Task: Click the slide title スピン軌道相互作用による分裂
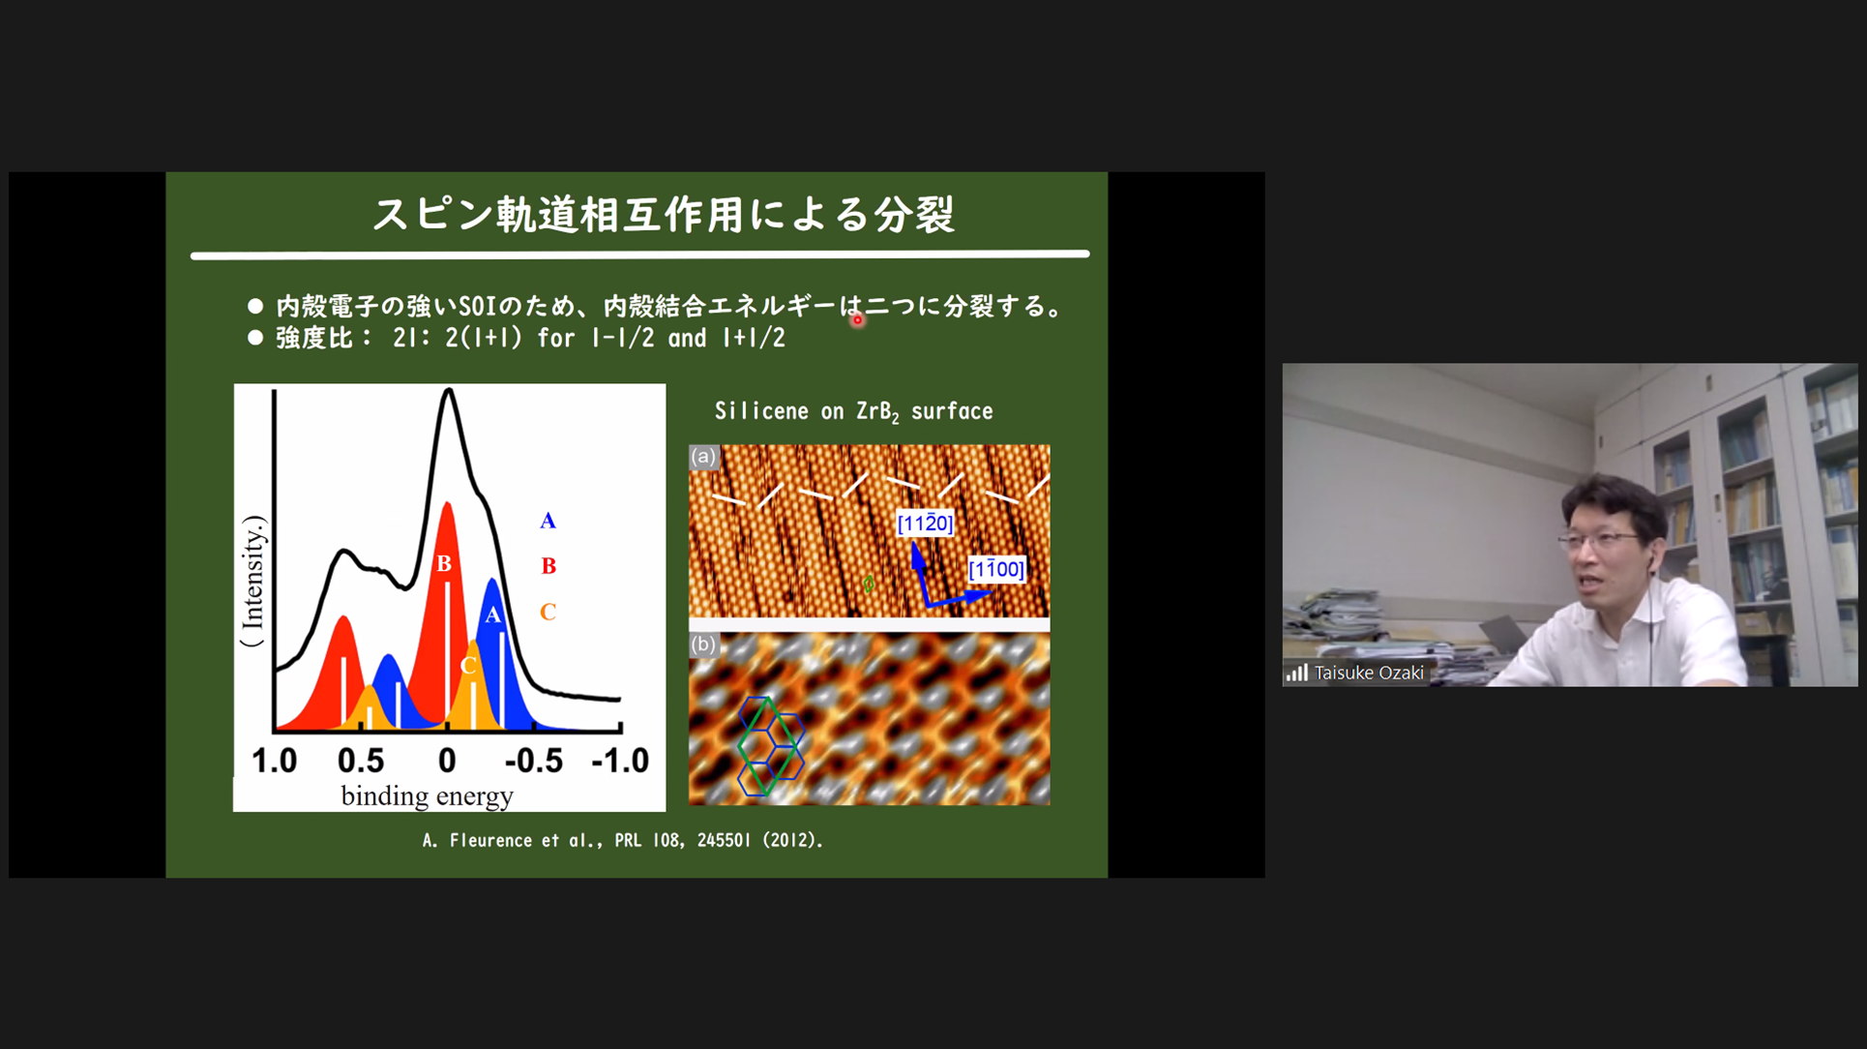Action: (x=664, y=214)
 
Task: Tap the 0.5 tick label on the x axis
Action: (x=361, y=761)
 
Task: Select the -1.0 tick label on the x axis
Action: (x=620, y=761)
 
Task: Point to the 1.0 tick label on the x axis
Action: (x=274, y=761)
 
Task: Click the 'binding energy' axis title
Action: (x=427, y=796)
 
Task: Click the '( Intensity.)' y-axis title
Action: (x=252, y=581)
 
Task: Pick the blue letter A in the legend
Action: (x=548, y=521)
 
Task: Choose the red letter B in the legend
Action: (x=548, y=566)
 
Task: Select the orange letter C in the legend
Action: (x=548, y=612)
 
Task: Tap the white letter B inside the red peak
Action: (x=444, y=563)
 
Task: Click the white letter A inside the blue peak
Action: (x=492, y=614)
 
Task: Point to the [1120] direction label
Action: (x=925, y=524)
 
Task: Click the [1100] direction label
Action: (x=996, y=569)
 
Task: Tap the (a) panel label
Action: (x=703, y=457)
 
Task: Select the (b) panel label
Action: (x=703, y=644)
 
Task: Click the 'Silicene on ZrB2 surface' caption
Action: (x=853, y=412)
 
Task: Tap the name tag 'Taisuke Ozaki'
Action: (x=1368, y=673)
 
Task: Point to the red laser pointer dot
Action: (x=857, y=320)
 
